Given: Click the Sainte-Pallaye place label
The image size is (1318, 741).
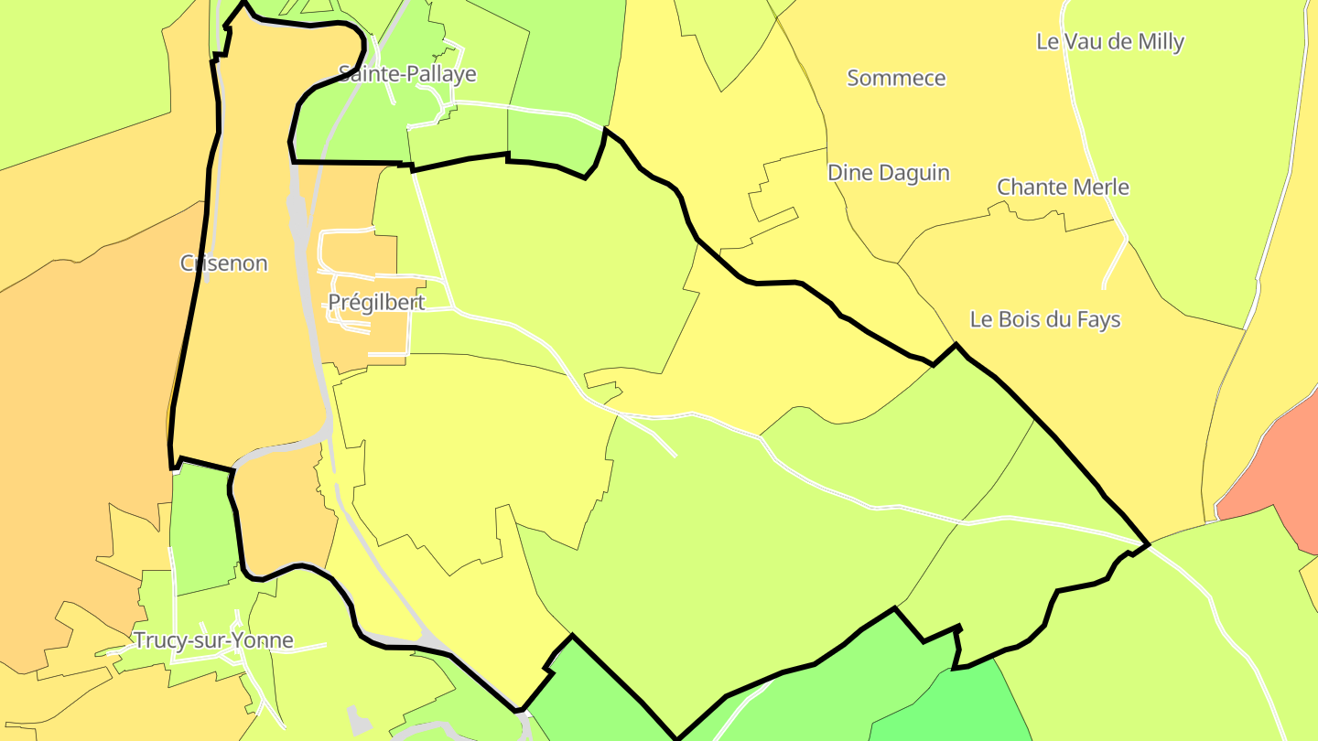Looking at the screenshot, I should click(x=407, y=74).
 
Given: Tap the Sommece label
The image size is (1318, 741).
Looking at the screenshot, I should click(x=896, y=79).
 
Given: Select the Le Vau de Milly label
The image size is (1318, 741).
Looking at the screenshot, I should click(x=1109, y=42).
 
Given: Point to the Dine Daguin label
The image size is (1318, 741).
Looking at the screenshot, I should click(x=888, y=173).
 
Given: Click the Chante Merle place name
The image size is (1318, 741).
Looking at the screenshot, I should click(x=1063, y=188).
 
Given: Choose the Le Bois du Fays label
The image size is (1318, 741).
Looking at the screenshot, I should click(x=1044, y=319).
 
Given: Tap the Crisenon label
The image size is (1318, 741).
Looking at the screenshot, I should click(x=224, y=263).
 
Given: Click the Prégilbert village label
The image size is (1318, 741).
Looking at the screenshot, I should click(x=376, y=303).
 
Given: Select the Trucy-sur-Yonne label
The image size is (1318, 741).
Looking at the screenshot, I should click(x=213, y=640).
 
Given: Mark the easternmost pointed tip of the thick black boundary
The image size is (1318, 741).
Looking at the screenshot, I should click(x=1148, y=544).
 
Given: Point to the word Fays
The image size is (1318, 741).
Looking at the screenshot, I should click(x=1097, y=319).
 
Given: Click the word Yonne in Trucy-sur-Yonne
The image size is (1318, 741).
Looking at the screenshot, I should click(x=266, y=640).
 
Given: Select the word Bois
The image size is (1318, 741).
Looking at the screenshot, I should click(x=1021, y=319).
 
